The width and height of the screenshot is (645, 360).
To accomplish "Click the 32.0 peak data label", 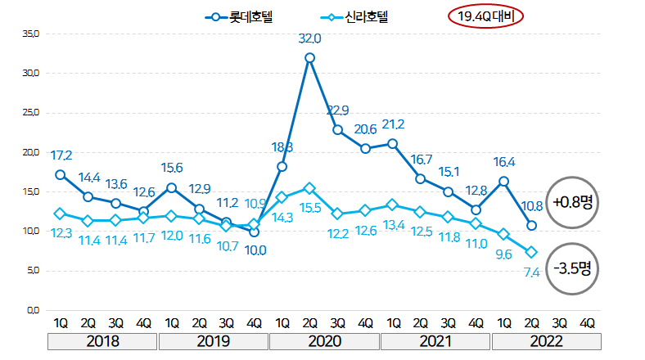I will (x=309, y=38).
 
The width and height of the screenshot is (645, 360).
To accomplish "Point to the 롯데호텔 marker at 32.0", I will (x=309, y=57).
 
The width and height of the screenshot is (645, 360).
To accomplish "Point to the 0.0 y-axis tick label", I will (x=32, y=310).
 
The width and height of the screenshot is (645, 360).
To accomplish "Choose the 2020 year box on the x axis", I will (x=324, y=340).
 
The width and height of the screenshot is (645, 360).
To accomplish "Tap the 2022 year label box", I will (x=545, y=340).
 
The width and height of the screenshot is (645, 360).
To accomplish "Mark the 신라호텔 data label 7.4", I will (x=530, y=272).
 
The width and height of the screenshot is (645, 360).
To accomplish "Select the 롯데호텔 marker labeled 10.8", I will (x=531, y=226).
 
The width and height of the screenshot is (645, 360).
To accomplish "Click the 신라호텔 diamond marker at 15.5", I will (x=309, y=188).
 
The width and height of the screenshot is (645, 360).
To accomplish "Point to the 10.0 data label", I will (x=256, y=250).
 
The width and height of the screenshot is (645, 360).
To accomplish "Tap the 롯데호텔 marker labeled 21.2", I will (x=393, y=144).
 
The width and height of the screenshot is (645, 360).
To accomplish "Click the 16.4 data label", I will (x=504, y=161).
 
